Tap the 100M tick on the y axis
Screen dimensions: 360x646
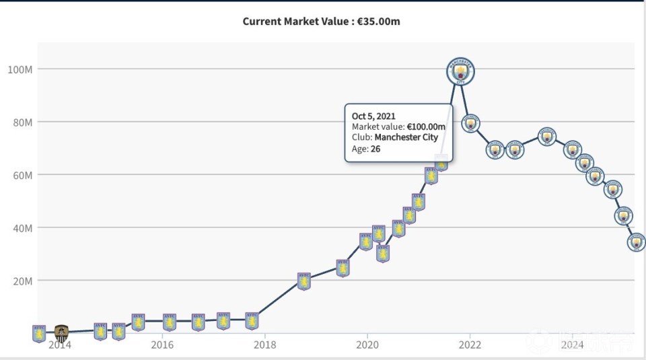pos(20,69)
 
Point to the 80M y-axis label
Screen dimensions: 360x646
pos(21,122)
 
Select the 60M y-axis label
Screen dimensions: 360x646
pos(21,175)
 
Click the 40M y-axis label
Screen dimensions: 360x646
pos(21,228)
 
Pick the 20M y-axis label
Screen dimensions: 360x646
pos(21,281)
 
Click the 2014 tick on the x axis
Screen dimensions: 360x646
pos(59,345)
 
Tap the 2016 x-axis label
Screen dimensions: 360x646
pos(161,345)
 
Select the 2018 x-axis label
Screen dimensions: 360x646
pos(264,345)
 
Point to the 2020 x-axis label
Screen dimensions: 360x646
pos(367,345)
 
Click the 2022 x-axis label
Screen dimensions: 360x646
pos(470,345)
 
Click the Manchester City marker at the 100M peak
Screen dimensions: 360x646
pos(461,71)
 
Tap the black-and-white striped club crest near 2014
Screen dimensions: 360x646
pos(61,332)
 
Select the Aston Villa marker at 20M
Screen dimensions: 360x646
pos(304,281)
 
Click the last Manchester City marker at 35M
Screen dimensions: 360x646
pos(636,242)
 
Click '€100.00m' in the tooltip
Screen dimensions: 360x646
pos(426,127)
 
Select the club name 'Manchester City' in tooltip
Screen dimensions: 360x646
pos(406,137)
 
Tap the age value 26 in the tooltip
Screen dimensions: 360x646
pos(375,149)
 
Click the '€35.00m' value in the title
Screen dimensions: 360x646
pos(378,21)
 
